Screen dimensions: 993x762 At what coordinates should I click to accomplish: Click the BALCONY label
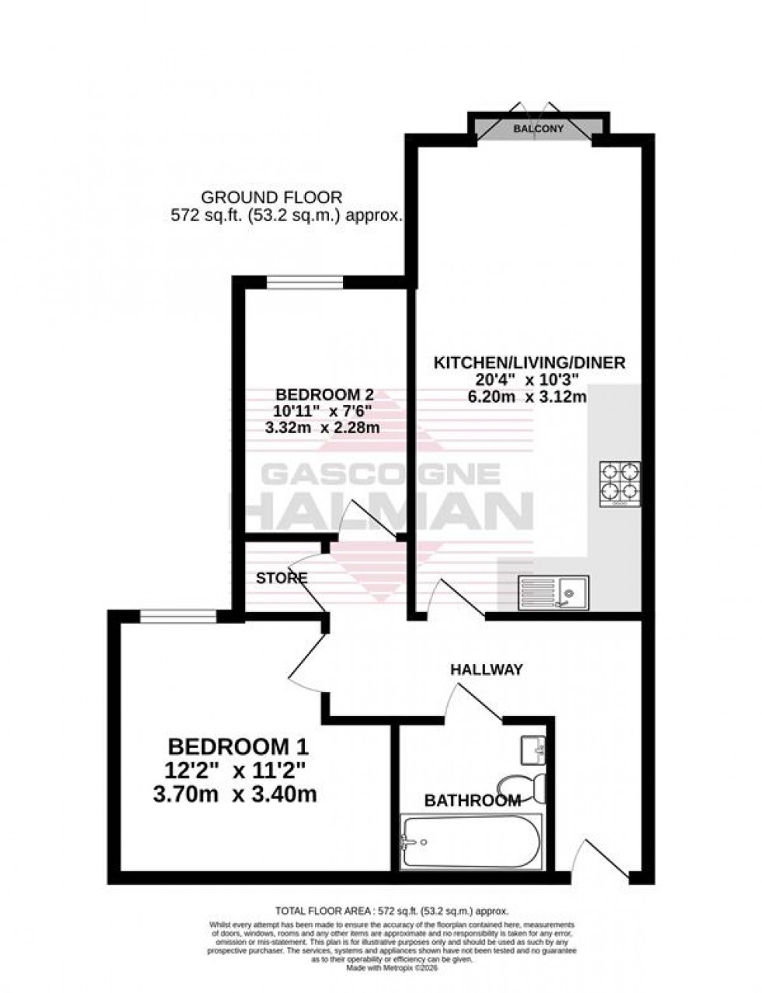tap(538, 129)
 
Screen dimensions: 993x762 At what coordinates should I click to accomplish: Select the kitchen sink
tap(554, 593)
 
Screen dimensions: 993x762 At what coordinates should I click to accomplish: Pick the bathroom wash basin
tap(535, 750)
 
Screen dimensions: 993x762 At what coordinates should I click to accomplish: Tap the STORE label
tap(281, 579)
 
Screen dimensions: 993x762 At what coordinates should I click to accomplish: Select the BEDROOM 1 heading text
tap(238, 747)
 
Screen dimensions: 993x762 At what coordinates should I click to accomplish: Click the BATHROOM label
tap(472, 800)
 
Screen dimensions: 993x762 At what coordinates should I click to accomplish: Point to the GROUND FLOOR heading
tap(271, 198)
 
